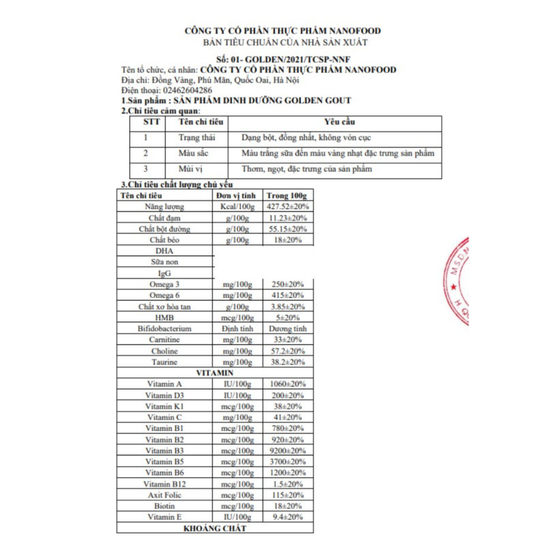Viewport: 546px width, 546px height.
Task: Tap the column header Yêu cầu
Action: tap(338, 121)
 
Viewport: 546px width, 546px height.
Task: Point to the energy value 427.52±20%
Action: tap(287, 206)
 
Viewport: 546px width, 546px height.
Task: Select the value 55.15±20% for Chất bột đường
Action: tap(287, 229)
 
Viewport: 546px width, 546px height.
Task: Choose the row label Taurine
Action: tap(164, 362)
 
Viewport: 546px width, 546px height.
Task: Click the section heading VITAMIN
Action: tap(214, 373)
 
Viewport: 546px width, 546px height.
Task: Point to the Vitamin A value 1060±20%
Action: tap(287, 384)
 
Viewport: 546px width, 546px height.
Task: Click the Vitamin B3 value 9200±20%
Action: tap(287, 450)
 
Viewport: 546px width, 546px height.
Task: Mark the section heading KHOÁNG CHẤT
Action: tap(214, 528)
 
